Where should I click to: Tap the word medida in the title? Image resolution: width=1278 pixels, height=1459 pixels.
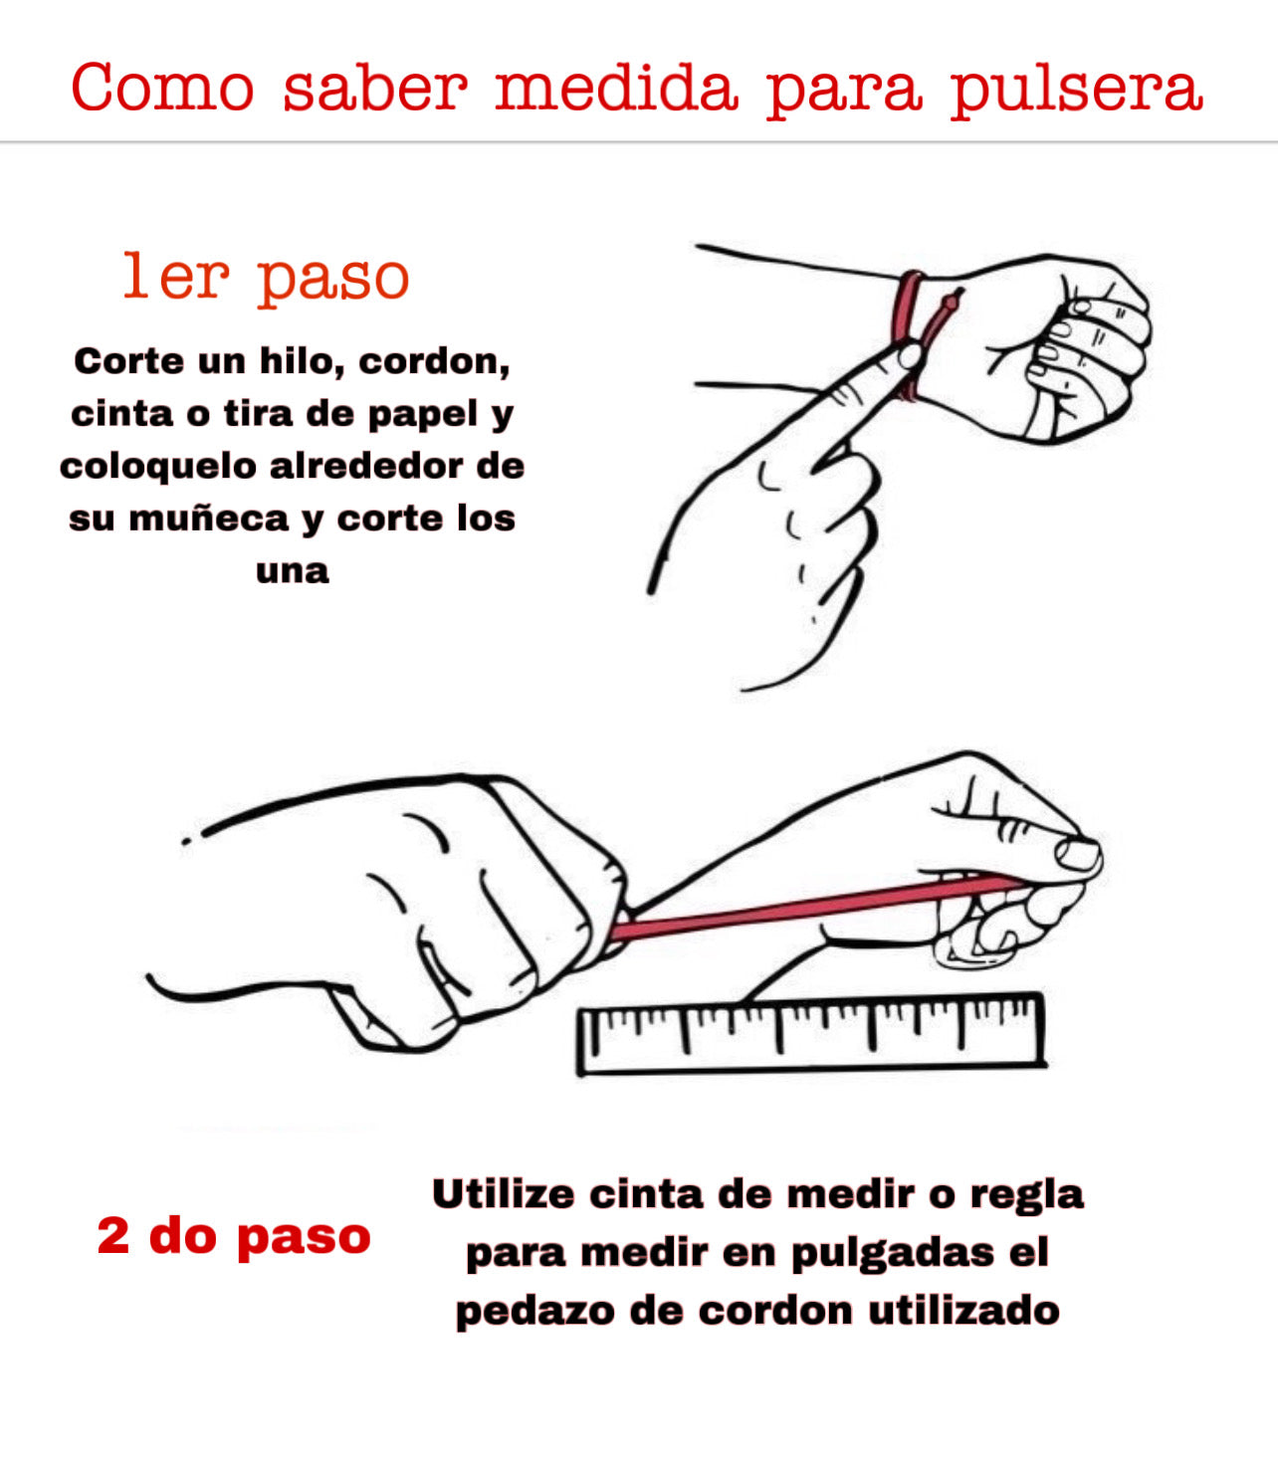pyautogui.click(x=616, y=87)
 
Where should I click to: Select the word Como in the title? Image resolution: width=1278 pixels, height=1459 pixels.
pyautogui.click(x=162, y=87)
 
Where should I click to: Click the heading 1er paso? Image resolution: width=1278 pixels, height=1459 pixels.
pyautogui.click(x=267, y=279)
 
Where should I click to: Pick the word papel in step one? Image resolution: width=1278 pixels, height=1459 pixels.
pyautogui.click(x=423, y=415)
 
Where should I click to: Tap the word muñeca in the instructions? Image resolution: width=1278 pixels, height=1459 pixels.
pyautogui.click(x=208, y=520)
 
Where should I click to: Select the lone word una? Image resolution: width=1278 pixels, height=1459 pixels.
pyautogui.click(x=293, y=571)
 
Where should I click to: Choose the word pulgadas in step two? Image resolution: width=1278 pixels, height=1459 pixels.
pyautogui.click(x=893, y=1254)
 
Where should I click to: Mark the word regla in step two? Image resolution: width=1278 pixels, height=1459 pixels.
pyautogui.click(x=1027, y=1196)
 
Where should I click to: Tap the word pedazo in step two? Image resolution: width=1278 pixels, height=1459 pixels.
pyautogui.click(x=534, y=1312)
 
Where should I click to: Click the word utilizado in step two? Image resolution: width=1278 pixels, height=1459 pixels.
pyautogui.click(x=964, y=1310)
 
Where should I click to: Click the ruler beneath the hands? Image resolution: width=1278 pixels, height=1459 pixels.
pyautogui.click(x=811, y=1033)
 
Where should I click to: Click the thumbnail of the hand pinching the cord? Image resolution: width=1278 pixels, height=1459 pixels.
pyautogui.click(x=1078, y=854)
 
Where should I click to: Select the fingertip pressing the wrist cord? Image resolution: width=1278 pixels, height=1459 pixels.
pyautogui.click(x=910, y=355)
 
